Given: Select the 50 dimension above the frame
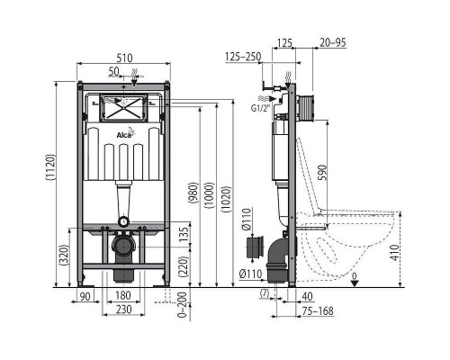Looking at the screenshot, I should (x=113, y=70).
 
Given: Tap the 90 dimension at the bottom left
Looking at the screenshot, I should (x=86, y=295).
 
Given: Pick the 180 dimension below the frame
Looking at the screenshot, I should (x=124, y=295).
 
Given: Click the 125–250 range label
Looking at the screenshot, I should (x=244, y=57).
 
